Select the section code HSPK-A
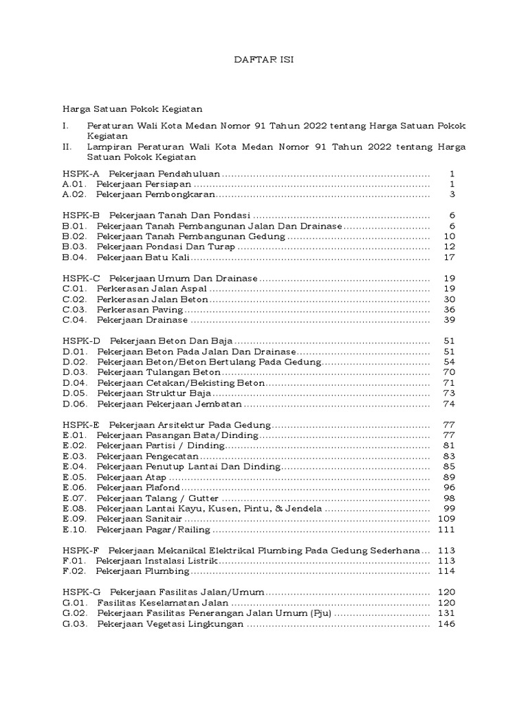81,174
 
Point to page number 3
452,194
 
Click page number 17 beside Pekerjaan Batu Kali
450,257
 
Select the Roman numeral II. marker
67,146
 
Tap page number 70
450,372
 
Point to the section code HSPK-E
81,425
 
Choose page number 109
447,519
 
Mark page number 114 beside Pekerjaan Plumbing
447,571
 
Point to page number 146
447,623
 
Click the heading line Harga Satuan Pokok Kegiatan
132,108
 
